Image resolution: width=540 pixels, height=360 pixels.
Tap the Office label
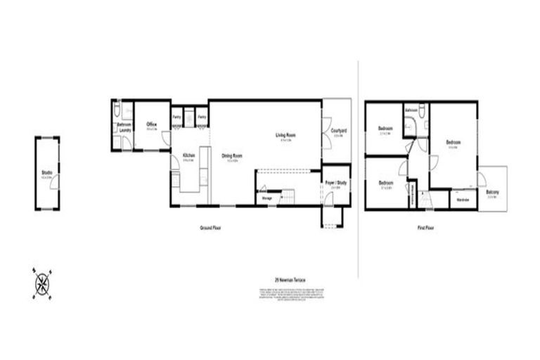point(151,124)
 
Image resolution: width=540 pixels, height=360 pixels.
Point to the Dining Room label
point(232,155)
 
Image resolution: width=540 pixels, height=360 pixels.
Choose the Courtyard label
point(337,130)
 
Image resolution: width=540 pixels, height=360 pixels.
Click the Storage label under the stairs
point(267,199)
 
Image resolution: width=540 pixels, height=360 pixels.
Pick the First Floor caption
point(425,228)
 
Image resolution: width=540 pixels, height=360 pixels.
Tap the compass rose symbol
point(42,284)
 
